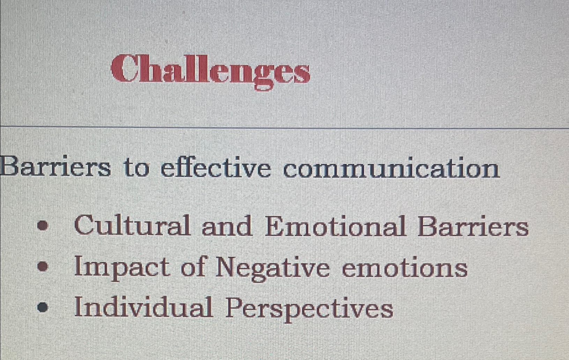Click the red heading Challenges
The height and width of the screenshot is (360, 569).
point(210,70)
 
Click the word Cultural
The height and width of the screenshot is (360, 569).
point(132,226)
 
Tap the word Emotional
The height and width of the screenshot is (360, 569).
point(335,226)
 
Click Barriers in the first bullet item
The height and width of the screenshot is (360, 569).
point(473,226)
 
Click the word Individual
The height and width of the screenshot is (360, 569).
point(143,307)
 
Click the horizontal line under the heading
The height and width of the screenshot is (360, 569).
point(284,127)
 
